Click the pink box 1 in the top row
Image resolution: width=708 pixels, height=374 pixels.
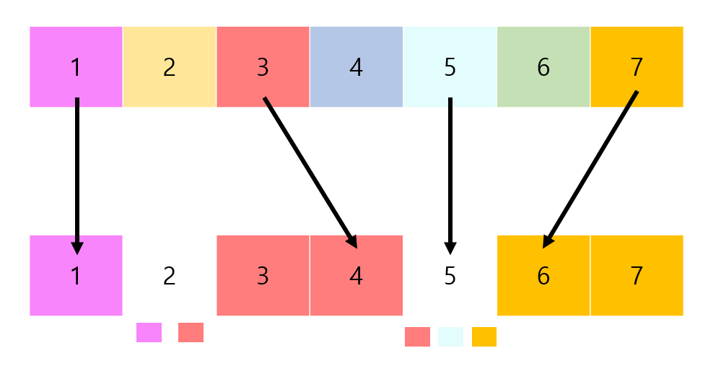pos(76,66)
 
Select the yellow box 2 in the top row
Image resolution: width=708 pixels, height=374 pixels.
pos(169,66)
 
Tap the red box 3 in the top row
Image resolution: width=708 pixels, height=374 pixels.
pos(263,66)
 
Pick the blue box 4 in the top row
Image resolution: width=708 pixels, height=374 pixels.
pos(356,66)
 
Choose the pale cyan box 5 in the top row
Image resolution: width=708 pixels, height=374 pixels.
pos(450,66)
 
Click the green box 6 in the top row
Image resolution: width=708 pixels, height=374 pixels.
pos(543,66)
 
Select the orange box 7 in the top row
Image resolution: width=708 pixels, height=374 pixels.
pos(637,66)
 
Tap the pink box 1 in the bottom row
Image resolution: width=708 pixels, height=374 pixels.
pos(76,275)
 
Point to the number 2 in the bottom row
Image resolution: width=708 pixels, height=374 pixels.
pos(169,275)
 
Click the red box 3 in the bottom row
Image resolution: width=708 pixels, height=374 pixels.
pos(263,275)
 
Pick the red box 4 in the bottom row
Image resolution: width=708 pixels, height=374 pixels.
pos(356,275)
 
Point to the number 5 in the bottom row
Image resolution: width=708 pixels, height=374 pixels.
pos(450,275)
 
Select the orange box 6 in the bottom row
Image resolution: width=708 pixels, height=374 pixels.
pos(543,275)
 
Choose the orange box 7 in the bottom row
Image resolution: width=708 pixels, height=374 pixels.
pos(637,275)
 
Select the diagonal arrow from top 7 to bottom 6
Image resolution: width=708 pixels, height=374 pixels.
pos(590,170)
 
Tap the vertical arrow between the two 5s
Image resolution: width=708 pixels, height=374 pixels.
pos(450,173)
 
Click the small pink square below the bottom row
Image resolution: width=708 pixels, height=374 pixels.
pos(149,332)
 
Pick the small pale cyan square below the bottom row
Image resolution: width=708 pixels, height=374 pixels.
pos(450,336)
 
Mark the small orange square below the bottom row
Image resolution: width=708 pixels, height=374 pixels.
pos(484,336)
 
